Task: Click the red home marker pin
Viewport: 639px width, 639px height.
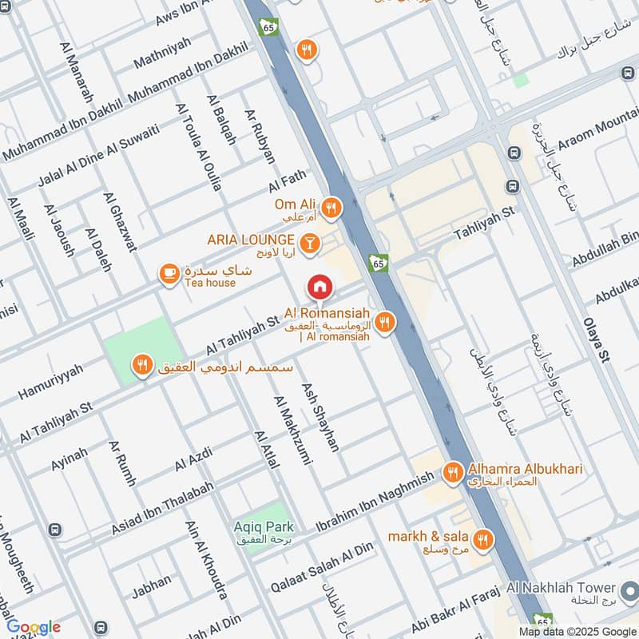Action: pos(319,286)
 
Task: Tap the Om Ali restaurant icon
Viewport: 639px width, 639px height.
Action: pos(331,208)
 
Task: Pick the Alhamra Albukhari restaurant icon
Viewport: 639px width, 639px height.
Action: pos(453,473)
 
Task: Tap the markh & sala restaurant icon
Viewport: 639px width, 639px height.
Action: pos(482,541)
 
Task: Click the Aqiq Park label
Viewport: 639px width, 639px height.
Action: pos(264,526)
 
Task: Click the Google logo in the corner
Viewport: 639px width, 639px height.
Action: pos(34,626)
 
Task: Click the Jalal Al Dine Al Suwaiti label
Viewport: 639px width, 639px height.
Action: pos(99,157)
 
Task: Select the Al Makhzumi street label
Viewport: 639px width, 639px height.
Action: pos(289,431)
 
